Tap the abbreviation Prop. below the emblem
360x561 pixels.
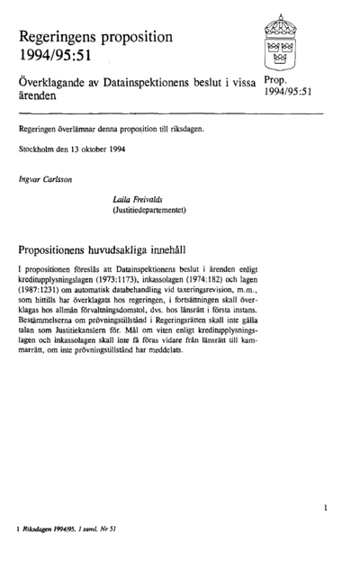click(x=277, y=81)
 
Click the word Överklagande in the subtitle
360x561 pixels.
click(x=52, y=81)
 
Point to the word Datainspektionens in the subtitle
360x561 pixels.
click(x=159, y=81)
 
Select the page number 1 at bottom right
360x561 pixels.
click(x=325, y=508)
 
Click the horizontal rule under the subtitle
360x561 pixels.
click(x=171, y=113)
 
